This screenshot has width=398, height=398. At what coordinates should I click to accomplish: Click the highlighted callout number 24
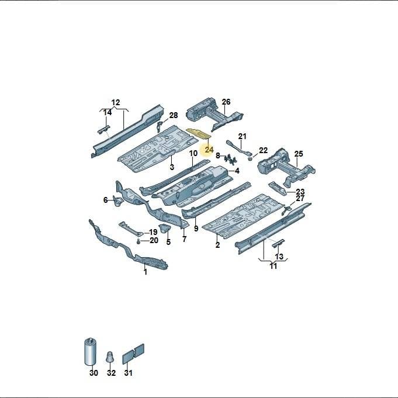click(209, 150)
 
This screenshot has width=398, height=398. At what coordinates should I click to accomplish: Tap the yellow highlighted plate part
click(199, 134)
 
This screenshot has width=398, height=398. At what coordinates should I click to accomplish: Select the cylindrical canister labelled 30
click(91, 352)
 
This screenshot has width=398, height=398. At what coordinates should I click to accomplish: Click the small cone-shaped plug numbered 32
click(110, 358)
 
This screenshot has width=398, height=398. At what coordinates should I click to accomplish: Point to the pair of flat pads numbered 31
click(133, 354)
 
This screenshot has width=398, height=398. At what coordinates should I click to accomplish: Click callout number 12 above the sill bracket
click(116, 102)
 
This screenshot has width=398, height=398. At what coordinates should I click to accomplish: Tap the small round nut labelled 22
click(250, 159)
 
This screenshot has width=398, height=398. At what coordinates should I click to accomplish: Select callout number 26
click(226, 102)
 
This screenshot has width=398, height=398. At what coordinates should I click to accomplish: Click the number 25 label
click(299, 154)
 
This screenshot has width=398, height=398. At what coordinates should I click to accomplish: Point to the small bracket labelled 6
click(118, 201)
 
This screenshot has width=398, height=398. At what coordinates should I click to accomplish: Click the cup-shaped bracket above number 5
click(165, 229)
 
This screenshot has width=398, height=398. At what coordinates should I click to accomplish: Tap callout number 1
click(146, 272)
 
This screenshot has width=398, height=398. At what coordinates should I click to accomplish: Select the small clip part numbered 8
click(230, 159)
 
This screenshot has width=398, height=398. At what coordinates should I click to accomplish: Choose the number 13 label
click(279, 257)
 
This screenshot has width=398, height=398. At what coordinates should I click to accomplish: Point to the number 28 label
click(174, 116)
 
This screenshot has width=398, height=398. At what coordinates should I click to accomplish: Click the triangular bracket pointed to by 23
click(278, 188)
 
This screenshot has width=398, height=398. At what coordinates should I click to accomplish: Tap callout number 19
click(153, 232)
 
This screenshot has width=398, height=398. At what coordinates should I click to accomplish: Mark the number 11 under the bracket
click(273, 266)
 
